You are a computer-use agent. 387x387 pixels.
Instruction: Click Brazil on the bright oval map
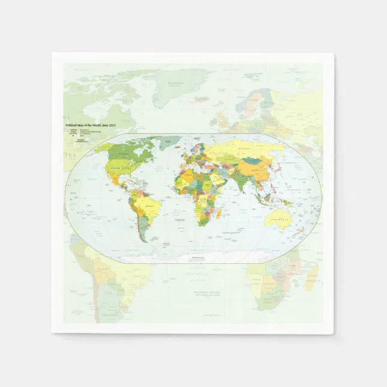(x=150, y=207)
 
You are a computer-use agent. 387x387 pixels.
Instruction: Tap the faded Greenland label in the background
(x=175, y=83)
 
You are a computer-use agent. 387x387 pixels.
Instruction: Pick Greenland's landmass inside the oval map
(x=170, y=142)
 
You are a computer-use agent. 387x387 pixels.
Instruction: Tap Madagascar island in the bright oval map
(x=219, y=213)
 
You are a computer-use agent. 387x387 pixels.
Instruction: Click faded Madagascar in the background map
(x=312, y=277)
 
